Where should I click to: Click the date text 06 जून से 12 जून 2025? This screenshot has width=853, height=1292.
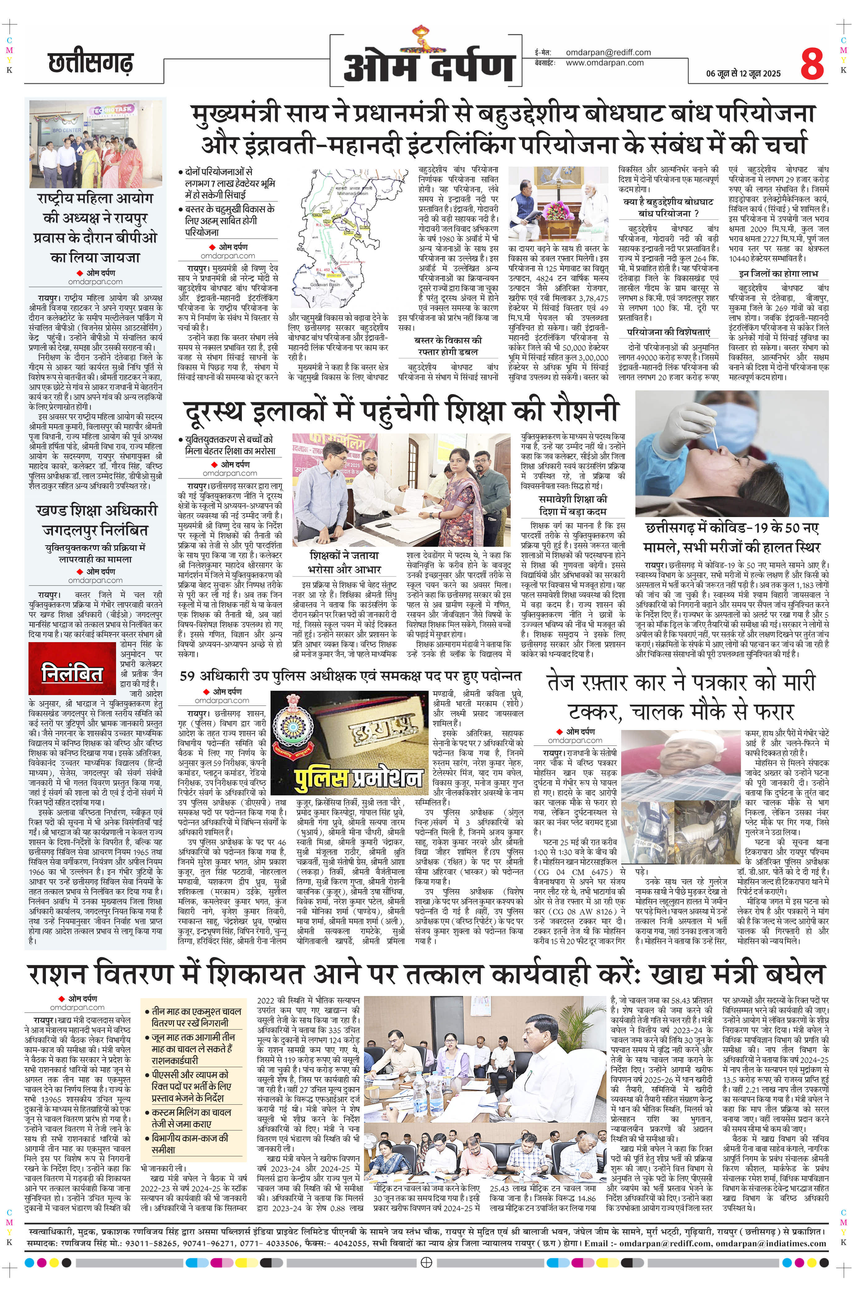tap(743, 73)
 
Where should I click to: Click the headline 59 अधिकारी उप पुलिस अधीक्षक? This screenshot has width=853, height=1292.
tap(350, 676)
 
